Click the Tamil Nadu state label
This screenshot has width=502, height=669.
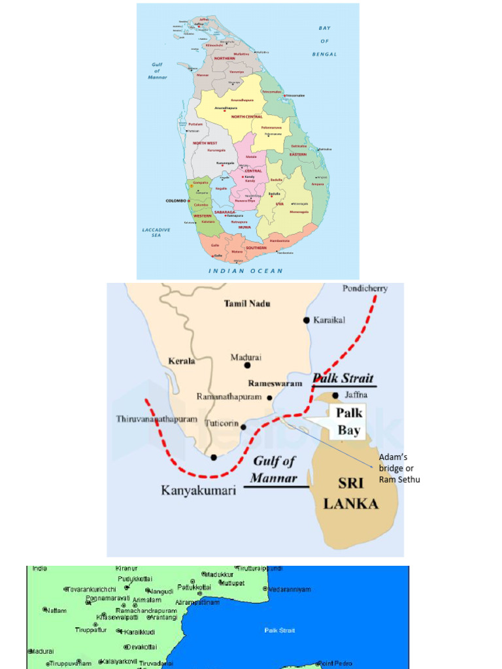point(247,303)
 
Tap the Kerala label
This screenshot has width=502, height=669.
point(182,361)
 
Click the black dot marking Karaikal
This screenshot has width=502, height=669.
point(306,319)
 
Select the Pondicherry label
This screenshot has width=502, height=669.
point(365,288)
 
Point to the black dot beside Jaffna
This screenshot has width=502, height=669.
point(335,395)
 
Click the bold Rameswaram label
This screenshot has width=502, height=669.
point(275,383)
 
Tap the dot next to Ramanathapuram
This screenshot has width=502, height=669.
point(269,397)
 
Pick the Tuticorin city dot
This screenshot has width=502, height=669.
point(243,427)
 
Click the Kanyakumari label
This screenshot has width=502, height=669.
point(198,489)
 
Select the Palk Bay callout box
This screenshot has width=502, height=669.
point(348,421)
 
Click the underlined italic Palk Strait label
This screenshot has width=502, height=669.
point(343,378)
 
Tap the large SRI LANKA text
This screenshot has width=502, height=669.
point(350,494)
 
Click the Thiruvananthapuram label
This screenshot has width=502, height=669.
point(156,418)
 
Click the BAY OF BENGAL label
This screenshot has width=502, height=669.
point(324,41)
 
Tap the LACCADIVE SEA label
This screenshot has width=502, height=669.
point(156,232)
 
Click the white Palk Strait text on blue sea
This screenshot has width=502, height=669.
point(279,630)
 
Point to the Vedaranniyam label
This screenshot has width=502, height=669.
point(290,589)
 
